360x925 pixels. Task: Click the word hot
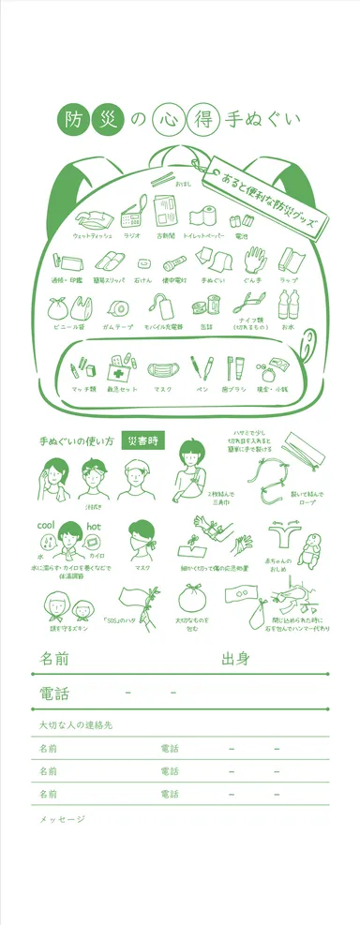(94, 527)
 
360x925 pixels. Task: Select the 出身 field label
(235, 658)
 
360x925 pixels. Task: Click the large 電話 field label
(53, 694)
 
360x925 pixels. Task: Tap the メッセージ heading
(62, 820)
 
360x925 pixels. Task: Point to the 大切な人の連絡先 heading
(76, 726)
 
